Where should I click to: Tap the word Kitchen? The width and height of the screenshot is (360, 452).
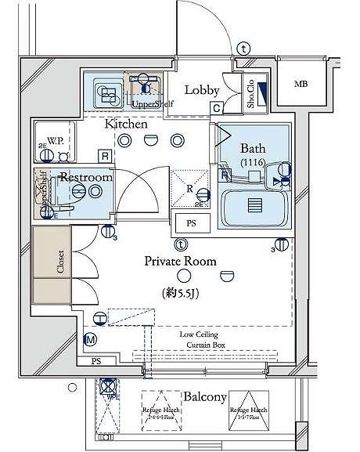click(x=126, y=124)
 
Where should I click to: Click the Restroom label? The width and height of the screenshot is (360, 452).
click(x=86, y=178)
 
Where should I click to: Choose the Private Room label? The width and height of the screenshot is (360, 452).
click(x=185, y=262)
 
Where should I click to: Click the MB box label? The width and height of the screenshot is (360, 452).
click(x=301, y=84)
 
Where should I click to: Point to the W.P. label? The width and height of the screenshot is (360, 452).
click(x=55, y=141)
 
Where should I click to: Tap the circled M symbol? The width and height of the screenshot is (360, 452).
click(x=90, y=339)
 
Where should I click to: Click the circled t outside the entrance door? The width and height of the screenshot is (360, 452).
click(x=245, y=49)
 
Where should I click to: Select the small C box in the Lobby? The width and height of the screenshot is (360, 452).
click(x=215, y=108)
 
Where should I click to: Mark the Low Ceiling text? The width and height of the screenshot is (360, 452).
click(x=202, y=334)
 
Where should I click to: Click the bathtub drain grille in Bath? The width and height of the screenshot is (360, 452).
click(x=254, y=205)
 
